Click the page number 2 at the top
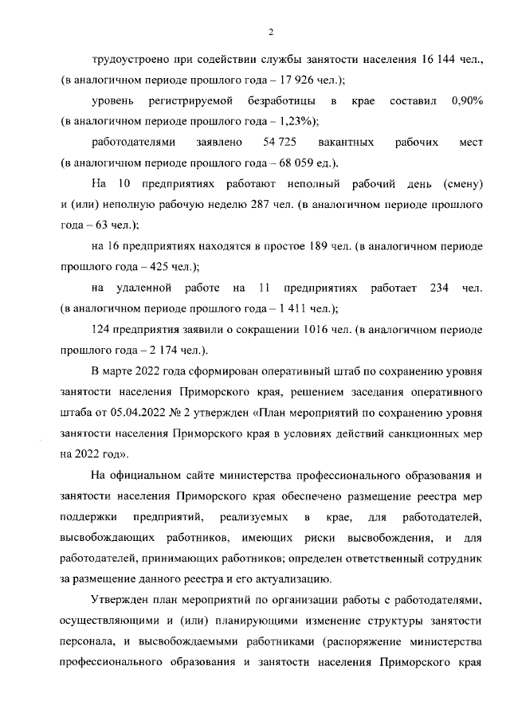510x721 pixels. point(270,32)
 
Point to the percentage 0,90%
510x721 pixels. point(467,101)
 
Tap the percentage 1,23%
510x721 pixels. point(291,122)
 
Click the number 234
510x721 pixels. point(440,287)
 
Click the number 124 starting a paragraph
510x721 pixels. point(103,328)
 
